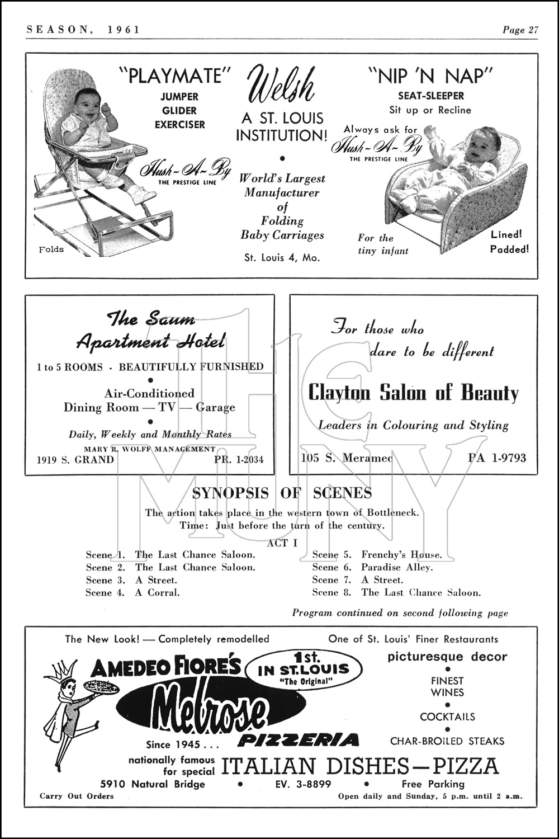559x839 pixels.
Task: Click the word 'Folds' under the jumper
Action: pyautogui.click(x=51, y=249)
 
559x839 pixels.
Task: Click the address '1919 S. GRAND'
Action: pyautogui.click(x=75, y=460)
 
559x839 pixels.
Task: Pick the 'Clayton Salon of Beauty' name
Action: pyautogui.click(x=414, y=393)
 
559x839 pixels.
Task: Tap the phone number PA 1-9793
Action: pyautogui.click(x=497, y=458)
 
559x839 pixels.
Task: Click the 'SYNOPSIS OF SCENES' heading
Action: pyautogui.click(x=282, y=493)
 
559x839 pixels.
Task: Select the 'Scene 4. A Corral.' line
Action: pyautogui.click(x=133, y=592)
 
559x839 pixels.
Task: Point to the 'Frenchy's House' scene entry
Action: pyautogui.click(x=401, y=555)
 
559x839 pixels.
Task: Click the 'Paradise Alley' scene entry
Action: pyautogui.click(x=397, y=567)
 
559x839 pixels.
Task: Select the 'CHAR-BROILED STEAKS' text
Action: pyautogui.click(x=447, y=741)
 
